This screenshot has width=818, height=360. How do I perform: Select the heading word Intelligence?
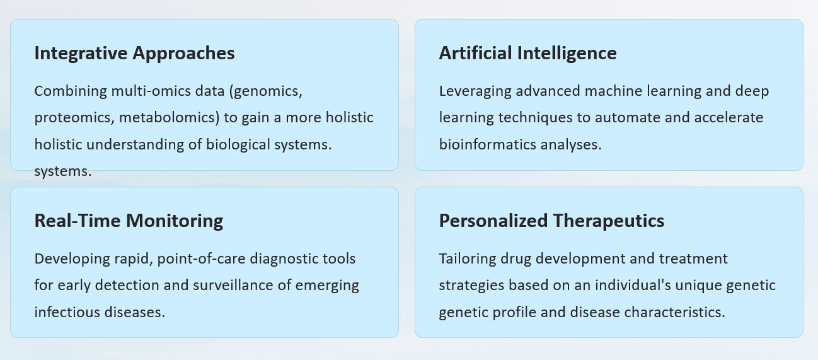(x=567, y=54)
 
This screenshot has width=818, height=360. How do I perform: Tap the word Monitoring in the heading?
(x=175, y=221)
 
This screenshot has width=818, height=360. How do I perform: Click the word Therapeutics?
(x=609, y=221)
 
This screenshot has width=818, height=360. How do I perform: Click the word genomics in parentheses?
(x=266, y=91)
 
